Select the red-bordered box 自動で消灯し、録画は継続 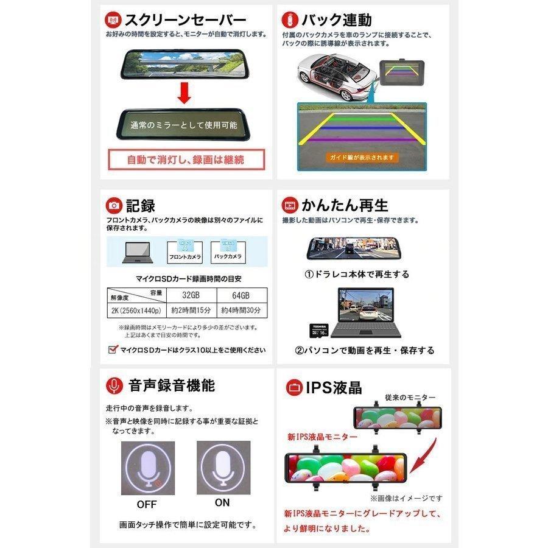pyautogui.click(x=186, y=160)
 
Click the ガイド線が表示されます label pyautogui.click(x=362, y=157)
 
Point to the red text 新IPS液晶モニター pyautogui.click(x=315, y=437)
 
